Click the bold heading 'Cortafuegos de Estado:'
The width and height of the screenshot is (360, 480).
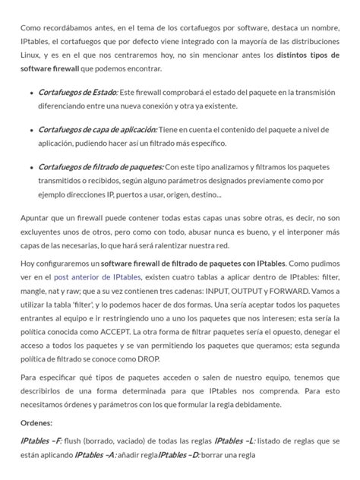click(78, 92)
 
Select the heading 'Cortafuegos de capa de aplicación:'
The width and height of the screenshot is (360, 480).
click(98, 130)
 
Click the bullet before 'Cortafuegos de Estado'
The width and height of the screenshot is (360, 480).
click(30, 93)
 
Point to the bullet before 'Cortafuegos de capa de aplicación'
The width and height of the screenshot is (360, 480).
click(30, 131)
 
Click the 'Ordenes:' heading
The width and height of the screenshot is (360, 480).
click(36, 424)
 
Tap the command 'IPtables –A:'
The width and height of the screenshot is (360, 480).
click(96, 455)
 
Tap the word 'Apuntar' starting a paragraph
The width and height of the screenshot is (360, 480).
click(36, 219)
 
